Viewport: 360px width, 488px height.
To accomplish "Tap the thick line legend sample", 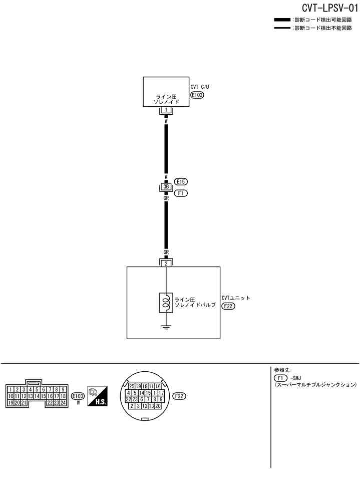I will coord(283,20).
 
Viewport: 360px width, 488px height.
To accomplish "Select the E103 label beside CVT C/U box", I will coord(197,94).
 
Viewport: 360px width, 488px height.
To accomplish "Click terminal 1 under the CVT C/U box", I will coord(165,109).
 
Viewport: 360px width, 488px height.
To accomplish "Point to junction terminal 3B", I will coord(165,187).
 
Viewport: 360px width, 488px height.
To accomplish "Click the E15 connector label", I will coord(180,181).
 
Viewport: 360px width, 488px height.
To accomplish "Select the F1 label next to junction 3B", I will coord(180,193).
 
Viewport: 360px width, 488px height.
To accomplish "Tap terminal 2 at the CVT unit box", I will coord(165,263).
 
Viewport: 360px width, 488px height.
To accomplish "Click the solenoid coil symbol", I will coord(165,302).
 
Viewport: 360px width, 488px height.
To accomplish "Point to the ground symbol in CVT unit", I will coord(165,328).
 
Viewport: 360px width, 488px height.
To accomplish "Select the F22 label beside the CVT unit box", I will coord(228,307).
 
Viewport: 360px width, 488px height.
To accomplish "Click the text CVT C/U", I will coord(199,86).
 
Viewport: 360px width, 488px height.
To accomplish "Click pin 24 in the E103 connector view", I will coord(63,402).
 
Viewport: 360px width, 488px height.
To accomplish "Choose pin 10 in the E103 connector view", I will coord(11,396).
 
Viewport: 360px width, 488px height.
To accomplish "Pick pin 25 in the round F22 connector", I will coord(132,386).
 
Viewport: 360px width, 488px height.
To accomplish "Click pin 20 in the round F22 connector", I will coord(158,406).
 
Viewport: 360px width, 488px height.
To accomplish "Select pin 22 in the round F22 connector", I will coord(129,399).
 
